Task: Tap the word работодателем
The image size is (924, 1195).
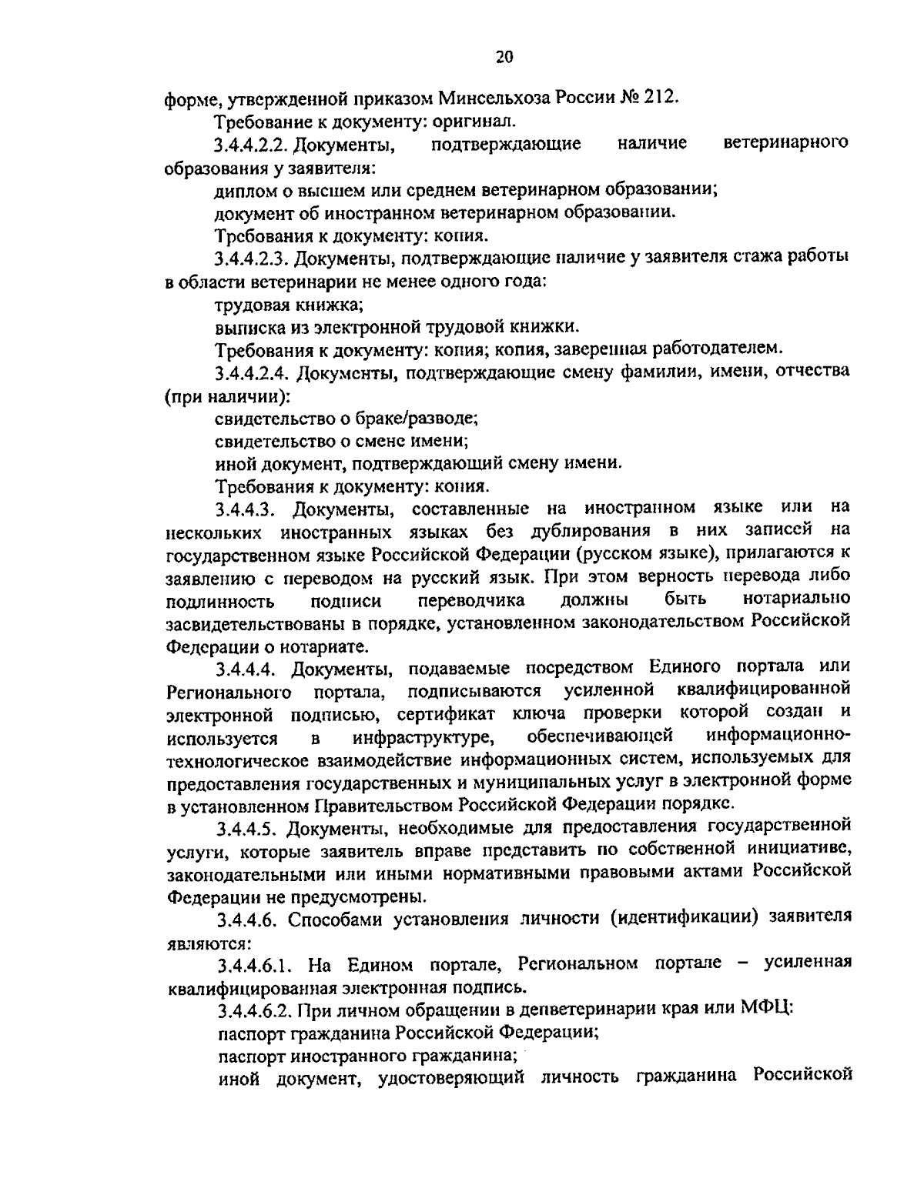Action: tap(716, 349)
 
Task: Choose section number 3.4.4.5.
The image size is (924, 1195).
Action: tap(246, 828)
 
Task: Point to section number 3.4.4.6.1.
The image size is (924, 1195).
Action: tap(258, 964)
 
